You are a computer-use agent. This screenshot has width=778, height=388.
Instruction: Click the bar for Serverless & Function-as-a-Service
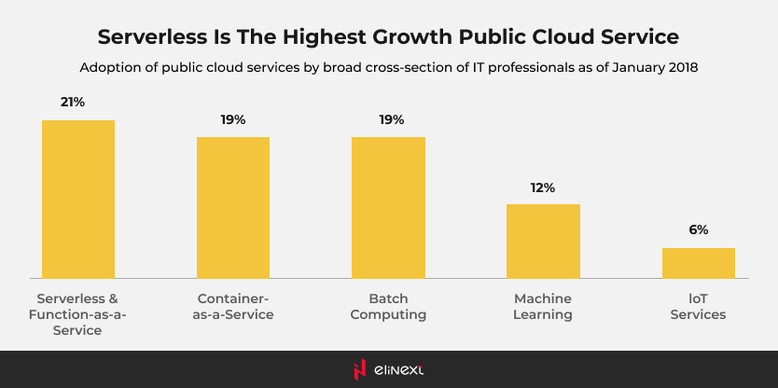(x=78, y=199)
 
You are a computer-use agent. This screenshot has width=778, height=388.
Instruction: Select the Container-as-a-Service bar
(x=233, y=207)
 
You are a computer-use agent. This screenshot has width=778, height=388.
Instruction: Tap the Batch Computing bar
(x=388, y=207)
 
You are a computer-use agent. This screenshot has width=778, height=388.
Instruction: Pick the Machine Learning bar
(x=543, y=241)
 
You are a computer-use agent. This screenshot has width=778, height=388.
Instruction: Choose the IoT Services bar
(x=699, y=262)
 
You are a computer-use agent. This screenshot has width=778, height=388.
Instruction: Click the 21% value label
(x=73, y=102)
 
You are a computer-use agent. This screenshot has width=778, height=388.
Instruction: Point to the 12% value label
(x=543, y=187)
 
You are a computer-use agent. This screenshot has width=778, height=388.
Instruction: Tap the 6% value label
(x=699, y=229)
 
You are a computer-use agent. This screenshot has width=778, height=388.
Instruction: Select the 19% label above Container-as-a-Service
(x=233, y=119)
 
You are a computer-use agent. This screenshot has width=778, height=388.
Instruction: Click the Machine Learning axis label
(x=543, y=307)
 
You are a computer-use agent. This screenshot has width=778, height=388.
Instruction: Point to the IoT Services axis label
(x=699, y=307)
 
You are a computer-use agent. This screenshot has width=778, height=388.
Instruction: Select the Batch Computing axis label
(x=388, y=307)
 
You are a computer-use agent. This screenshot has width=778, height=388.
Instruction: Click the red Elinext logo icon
(x=359, y=369)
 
